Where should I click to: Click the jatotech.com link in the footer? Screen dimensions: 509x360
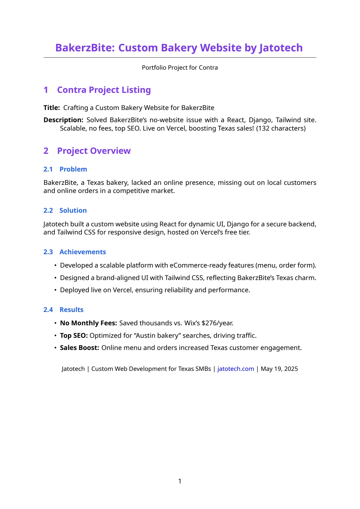235,369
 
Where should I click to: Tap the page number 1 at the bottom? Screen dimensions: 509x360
180,481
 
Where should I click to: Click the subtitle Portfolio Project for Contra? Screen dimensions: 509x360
180,68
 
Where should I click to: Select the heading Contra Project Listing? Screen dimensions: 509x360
104,90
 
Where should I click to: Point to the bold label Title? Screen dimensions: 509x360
52,108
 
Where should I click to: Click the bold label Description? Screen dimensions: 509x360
63,120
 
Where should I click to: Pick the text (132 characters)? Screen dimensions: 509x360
281,128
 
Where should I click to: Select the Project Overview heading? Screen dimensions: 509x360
94,151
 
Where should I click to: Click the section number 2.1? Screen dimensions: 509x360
48,169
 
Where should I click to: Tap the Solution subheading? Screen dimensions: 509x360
73,210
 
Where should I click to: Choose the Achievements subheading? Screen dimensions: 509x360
82,252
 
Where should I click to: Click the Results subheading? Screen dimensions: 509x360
71,310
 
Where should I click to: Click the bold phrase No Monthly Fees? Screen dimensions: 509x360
88,323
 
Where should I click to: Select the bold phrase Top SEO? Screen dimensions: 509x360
74,335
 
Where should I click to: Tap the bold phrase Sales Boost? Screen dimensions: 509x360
80,348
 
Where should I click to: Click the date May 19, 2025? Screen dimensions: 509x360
279,369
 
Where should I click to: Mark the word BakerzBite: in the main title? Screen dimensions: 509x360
85,48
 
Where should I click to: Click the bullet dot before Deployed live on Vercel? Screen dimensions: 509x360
55,290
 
